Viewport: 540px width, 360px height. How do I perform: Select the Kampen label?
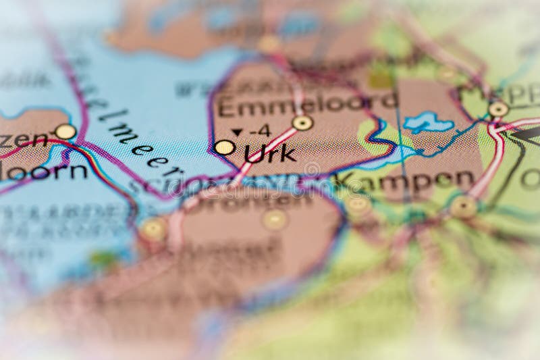(405, 180)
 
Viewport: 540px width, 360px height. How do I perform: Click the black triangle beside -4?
(236, 132)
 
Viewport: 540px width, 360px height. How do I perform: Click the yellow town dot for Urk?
(224, 147)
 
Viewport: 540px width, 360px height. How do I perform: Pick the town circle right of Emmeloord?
(302, 123)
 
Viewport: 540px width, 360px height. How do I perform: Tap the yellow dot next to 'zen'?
(65, 132)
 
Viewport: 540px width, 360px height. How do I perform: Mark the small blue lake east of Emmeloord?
(426, 122)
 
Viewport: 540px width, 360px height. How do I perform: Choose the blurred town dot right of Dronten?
(275, 219)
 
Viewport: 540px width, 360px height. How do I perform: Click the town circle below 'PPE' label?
(498, 109)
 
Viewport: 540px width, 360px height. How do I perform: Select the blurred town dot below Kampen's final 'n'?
(463, 207)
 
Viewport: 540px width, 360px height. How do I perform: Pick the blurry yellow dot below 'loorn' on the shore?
(154, 230)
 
